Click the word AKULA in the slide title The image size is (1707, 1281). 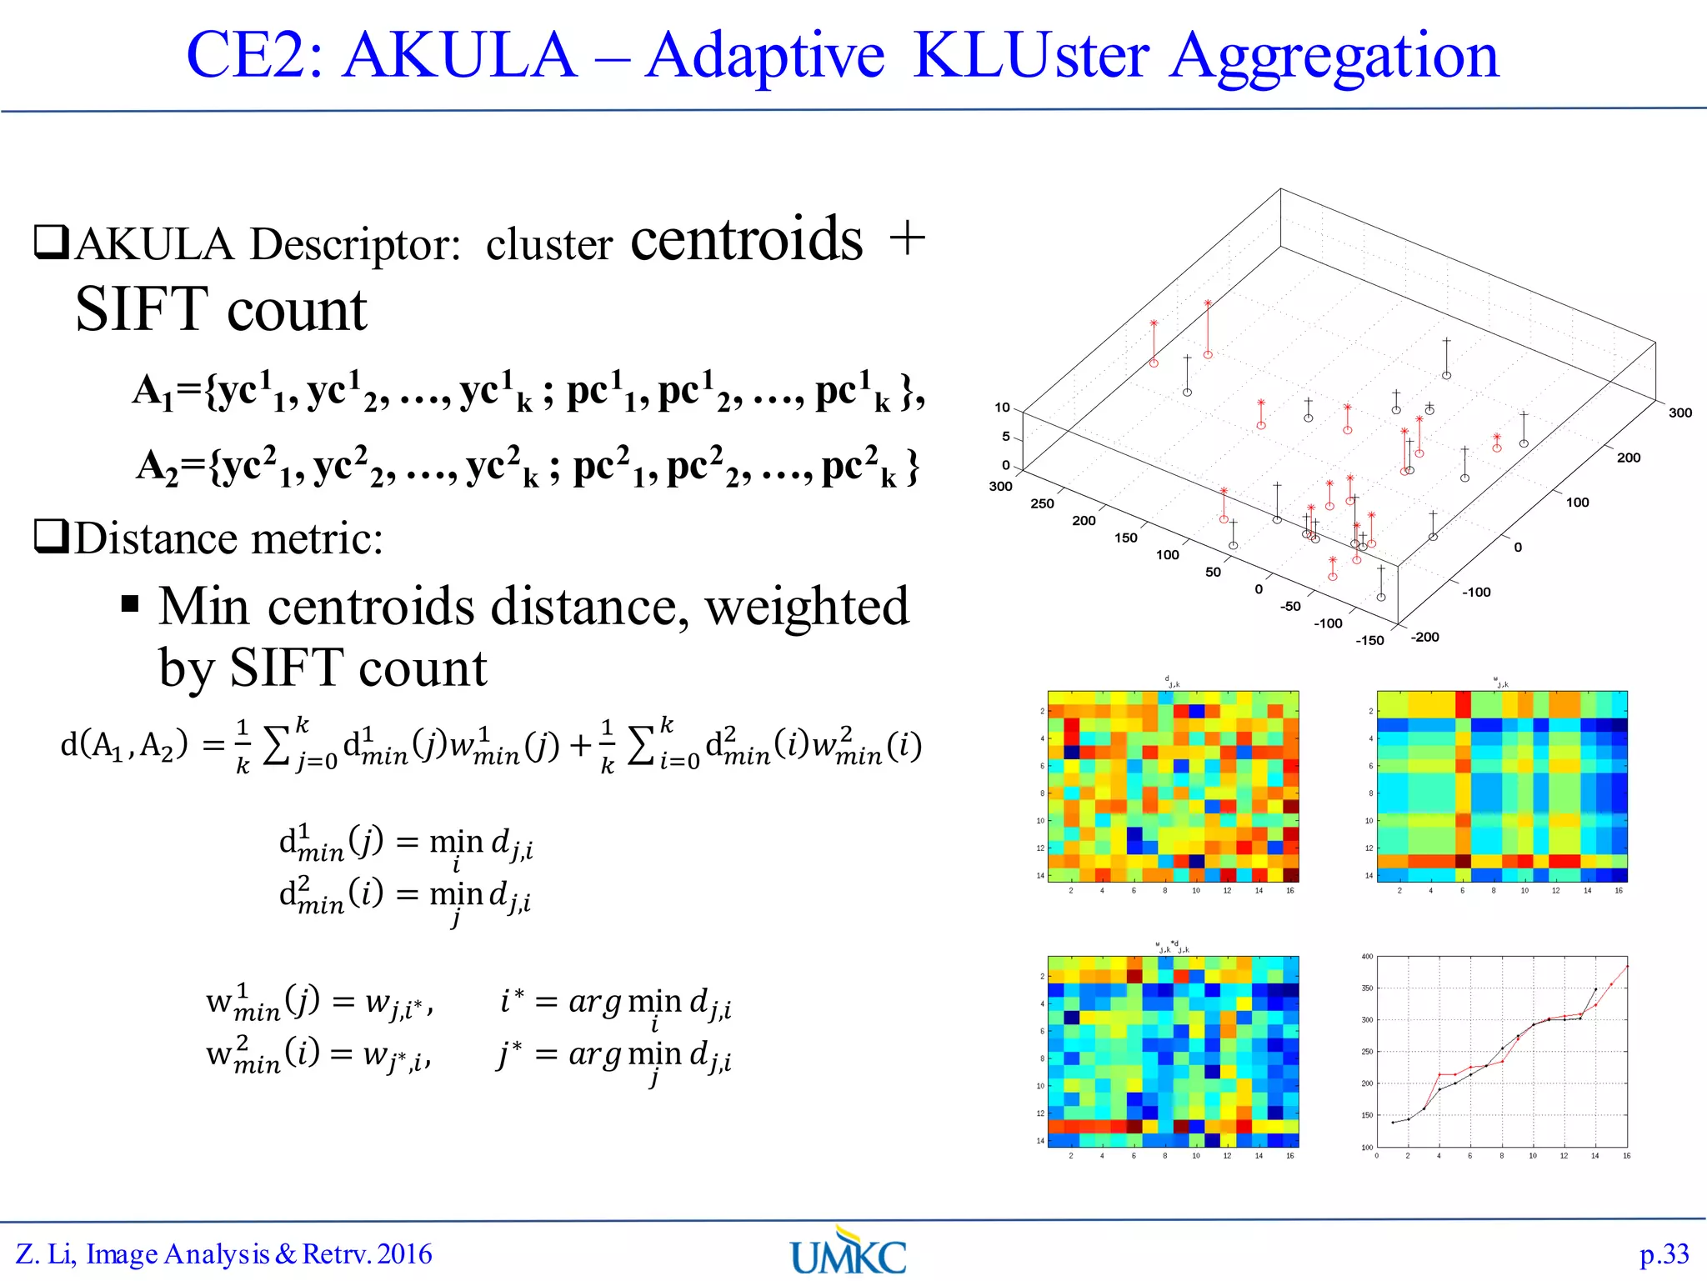[x=459, y=55]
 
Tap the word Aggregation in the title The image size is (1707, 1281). [x=1333, y=57]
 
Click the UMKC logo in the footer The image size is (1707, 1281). [x=848, y=1252]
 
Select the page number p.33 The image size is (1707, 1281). [x=1664, y=1254]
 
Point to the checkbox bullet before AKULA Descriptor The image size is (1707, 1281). [x=51, y=243]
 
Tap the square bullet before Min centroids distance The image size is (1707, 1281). [x=130, y=603]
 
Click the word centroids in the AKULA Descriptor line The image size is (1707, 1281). [x=746, y=240]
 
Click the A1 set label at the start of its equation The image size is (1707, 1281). [x=153, y=391]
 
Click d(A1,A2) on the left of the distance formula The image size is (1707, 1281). [x=124, y=743]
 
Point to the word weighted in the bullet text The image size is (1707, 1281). [x=807, y=606]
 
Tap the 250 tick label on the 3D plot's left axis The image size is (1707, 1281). [x=1042, y=503]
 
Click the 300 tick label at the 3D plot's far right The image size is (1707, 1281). [x=1679, y=413]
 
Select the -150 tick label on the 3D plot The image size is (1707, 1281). [x=1369, y=640]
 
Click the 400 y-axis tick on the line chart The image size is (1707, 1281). [x=1367, y=957]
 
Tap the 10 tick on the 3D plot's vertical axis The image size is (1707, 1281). [x=1002, y=408]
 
